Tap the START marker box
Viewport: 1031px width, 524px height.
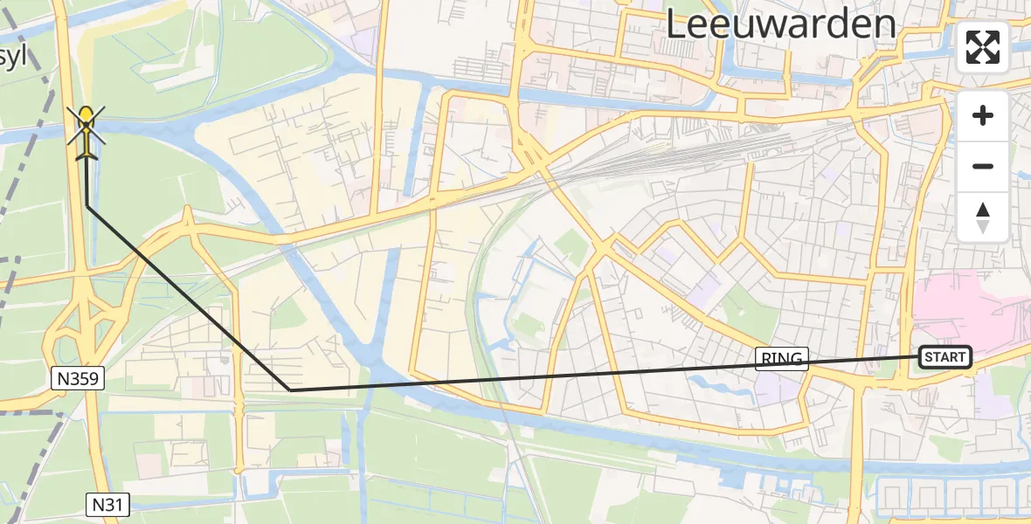(945, 356)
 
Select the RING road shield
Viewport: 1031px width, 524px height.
(782, 358)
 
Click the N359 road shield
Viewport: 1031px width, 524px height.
(77, 378)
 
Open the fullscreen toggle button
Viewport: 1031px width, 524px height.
(983, 47)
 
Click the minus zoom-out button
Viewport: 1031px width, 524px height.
(983, 166)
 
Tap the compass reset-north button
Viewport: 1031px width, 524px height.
(983, 217)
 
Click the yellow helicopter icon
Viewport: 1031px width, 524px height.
(86, 132)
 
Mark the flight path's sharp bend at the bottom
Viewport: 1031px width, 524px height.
(291, 390)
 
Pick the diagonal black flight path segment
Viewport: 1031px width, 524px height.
(188, 297)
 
